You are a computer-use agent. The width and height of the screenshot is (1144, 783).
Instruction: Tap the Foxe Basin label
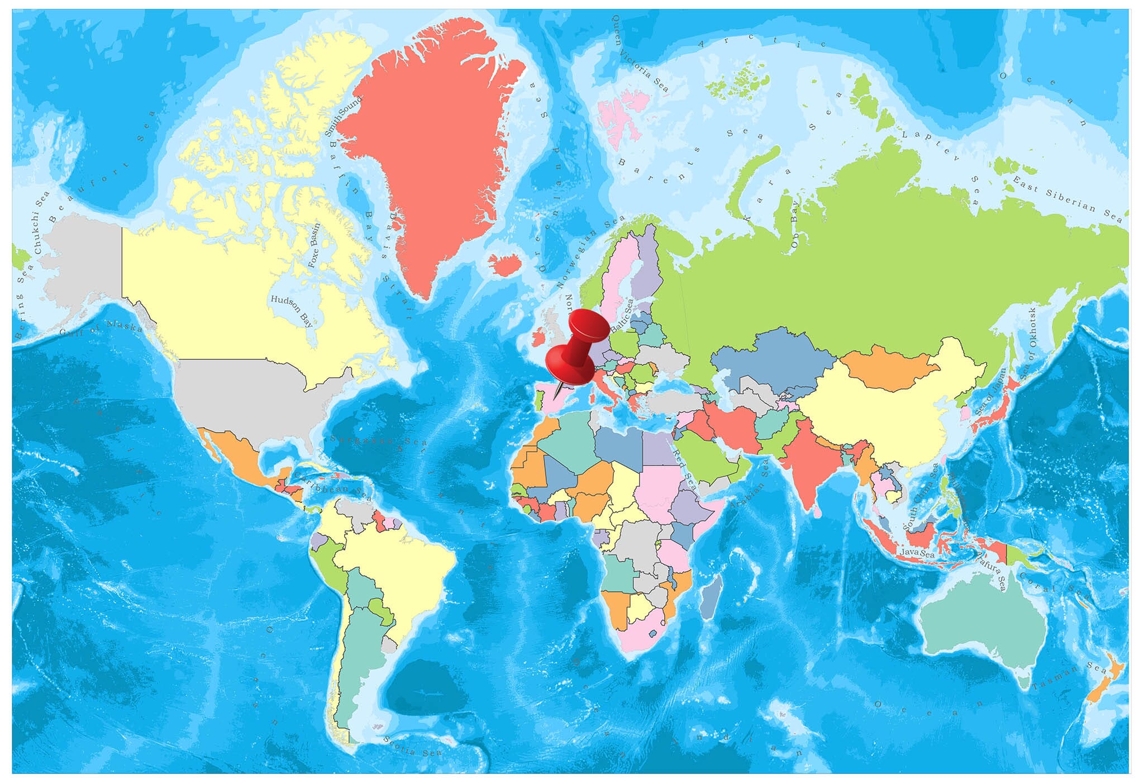(314, 245)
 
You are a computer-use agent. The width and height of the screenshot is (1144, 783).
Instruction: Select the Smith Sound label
(343, 116)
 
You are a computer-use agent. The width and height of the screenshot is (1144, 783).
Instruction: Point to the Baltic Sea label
(622, 316)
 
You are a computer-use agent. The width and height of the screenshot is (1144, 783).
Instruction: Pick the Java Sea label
(917, 553)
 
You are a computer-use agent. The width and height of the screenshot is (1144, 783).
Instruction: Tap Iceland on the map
(505, 264)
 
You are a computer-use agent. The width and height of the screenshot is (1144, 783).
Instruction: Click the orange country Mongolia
(888, 366)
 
